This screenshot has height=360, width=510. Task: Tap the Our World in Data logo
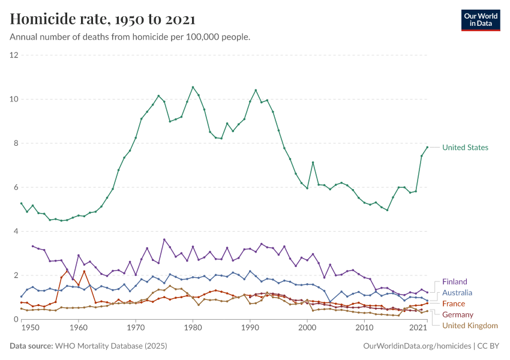click(480, 20)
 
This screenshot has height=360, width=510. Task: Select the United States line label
click(465, 148)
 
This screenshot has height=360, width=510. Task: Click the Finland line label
click(454, 282)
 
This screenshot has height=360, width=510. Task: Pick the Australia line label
click(457, 293)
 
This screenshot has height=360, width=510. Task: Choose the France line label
click(453, 304)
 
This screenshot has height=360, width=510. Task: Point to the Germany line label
click(457, 314)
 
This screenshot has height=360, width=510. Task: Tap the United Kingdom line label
click(470, 325)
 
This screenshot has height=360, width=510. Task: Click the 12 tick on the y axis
click(14, 55)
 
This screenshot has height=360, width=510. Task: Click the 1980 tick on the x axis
click(193, 329)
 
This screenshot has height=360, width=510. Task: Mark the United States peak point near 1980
click(193, 87)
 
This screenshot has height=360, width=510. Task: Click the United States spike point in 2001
click(313, 163)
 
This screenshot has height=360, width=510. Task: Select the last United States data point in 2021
click(427, 147)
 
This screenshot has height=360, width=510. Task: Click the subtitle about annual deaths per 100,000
click(130, 37)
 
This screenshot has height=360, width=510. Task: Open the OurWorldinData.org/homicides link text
click(418, 346)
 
